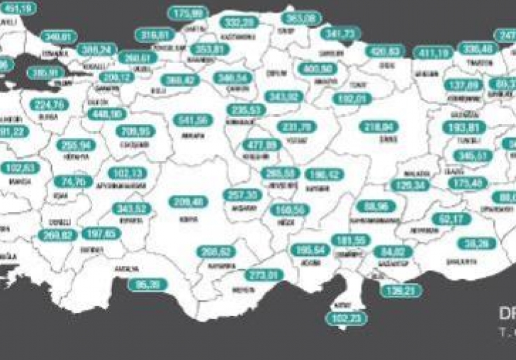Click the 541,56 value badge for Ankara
pyautogui.click(x=193, y=121)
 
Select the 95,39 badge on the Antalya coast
pyautogui.click(x=148, y=285)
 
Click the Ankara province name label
pyautogui.click(x=191, y=134)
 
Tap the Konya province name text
pyautogui.click(x=189, y=215)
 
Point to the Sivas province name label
pyautogui.click(x=378, y=140)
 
